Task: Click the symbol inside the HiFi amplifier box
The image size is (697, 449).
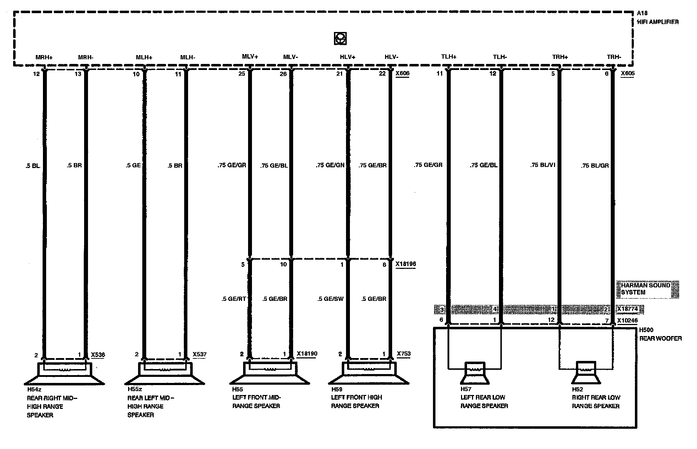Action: [x=340, y=38]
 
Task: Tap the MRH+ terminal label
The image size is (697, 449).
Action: [x=44, y=57]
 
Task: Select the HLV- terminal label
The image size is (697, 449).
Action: [x=391, y=57]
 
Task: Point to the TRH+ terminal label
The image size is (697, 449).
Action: [x=560, y=57]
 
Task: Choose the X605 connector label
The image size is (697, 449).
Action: [x=627, y=74]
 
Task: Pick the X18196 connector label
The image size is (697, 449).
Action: [x=406, y=264]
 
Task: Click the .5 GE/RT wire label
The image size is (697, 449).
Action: [x=234, y=299]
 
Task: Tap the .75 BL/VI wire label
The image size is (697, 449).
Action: [x=543, y=165]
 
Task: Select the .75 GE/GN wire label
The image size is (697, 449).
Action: [x=330, y=165]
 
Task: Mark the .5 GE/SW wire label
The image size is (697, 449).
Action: [x=330, y=299]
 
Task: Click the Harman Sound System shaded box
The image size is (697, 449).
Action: [x=648, y=289]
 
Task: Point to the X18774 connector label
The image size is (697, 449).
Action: [x=627, y=309]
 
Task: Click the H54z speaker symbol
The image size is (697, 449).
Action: [x=64, y=374]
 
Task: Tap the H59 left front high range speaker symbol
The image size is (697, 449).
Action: [x=369, y=374]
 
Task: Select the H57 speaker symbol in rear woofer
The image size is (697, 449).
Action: [x=475, y=373]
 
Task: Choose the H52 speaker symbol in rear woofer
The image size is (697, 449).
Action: [x=586, y=373]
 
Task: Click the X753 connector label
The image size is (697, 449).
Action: [x=403, y=354]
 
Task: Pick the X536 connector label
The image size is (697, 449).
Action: [x=98, y=355]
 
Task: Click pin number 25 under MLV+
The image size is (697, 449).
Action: [x=242, y=74]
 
